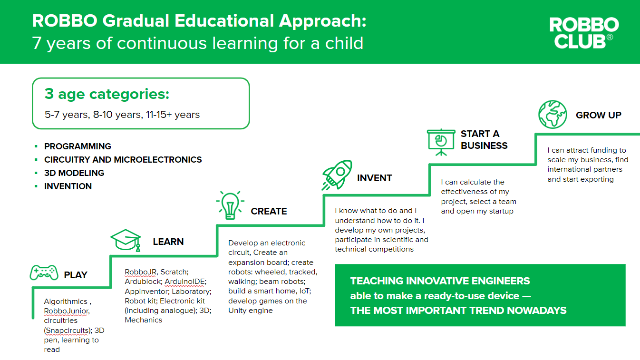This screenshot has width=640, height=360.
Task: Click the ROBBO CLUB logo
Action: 584,32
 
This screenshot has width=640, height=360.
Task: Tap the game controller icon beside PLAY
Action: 44,272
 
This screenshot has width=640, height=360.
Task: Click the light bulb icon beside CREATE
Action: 230,205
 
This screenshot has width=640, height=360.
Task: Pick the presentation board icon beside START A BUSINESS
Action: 441,142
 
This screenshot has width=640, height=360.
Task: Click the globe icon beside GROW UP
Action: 553,114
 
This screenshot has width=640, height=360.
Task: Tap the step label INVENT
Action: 374,178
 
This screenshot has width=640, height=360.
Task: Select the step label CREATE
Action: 269,211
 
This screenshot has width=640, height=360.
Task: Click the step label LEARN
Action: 168,242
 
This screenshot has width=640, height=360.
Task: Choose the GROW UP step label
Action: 598,115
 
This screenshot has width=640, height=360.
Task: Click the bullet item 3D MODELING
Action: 74,173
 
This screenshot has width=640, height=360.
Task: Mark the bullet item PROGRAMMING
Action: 78,146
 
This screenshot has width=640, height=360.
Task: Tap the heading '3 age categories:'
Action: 107,94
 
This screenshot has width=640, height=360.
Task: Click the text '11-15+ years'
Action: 173,115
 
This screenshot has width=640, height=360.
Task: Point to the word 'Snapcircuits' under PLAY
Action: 67,331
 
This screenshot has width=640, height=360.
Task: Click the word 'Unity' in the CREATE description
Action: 237,311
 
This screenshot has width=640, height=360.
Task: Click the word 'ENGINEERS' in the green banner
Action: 501,281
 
